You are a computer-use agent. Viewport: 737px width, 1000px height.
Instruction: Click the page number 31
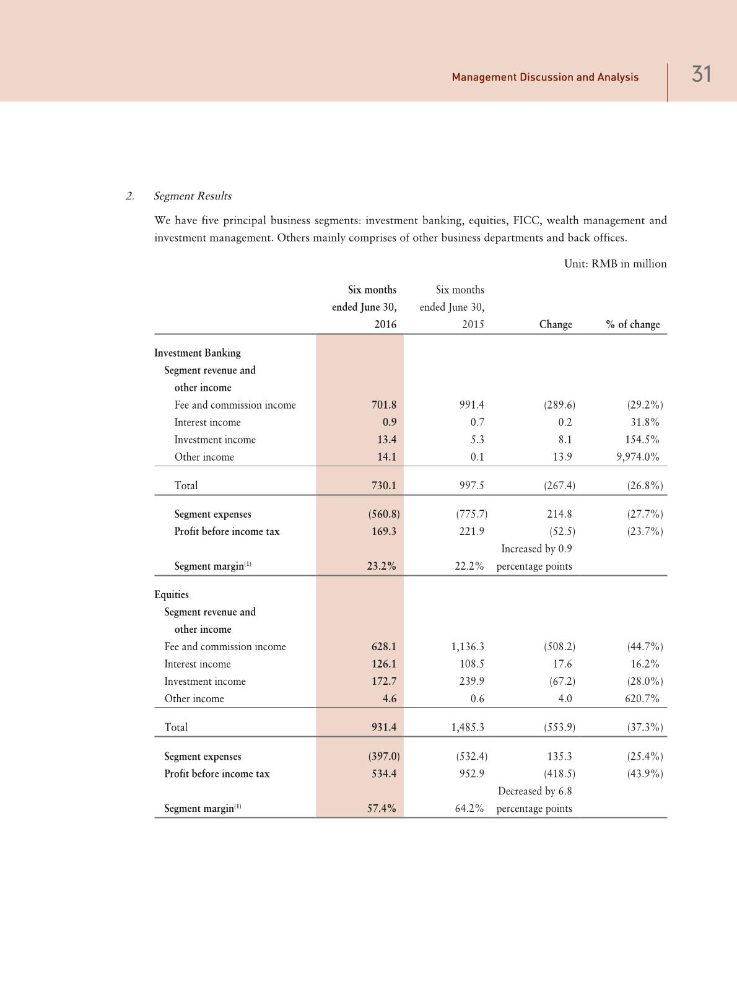(x=701, y=75)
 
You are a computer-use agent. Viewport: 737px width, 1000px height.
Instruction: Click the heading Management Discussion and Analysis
(x=545, y=77)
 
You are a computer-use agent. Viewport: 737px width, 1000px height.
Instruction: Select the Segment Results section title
(x=193, y=196)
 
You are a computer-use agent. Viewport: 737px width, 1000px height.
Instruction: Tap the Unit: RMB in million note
(x=615, y=264)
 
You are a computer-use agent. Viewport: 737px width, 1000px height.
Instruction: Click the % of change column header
(x=632, y=324)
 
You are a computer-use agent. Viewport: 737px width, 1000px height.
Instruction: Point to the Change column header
(x=556, y=324)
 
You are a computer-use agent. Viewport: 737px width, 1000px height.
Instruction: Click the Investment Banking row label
(x=198, y=353)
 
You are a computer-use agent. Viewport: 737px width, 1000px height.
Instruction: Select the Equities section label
(x=172, y=594)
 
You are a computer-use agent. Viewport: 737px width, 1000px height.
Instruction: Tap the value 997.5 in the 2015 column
(x=471, y=485)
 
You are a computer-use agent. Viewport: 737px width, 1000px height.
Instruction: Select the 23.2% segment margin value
(x=382, y=566)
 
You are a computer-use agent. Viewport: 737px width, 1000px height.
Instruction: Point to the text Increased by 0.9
(x=536, y=549)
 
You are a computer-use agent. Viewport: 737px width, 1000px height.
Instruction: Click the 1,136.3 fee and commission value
(x=468, y=646)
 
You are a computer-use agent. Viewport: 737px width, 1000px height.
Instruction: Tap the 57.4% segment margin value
(x=382, y=808)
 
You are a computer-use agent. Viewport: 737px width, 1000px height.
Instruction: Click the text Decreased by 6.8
(x=535, y=791)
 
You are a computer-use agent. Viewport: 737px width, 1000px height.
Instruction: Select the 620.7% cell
(x=642, y=698)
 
